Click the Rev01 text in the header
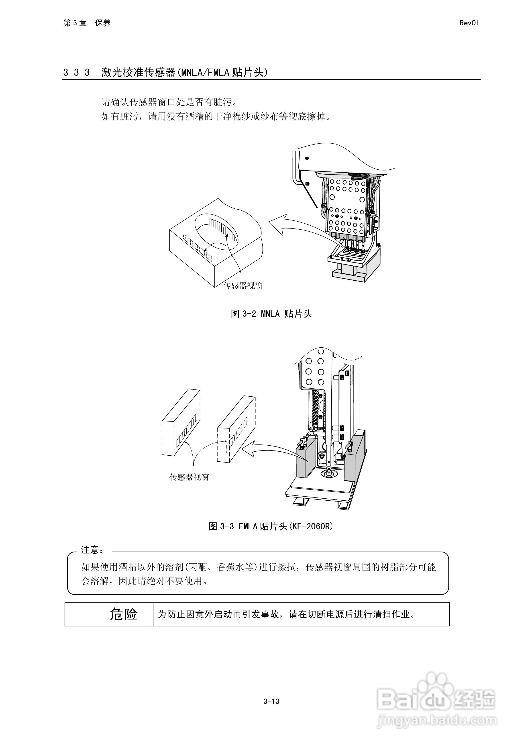469,23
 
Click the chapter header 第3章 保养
87,23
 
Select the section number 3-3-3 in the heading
76,72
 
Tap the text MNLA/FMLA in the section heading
205,72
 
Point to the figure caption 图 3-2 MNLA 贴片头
271,314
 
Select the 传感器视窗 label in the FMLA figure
189,477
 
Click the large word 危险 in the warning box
124,614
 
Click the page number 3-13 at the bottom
271,701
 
